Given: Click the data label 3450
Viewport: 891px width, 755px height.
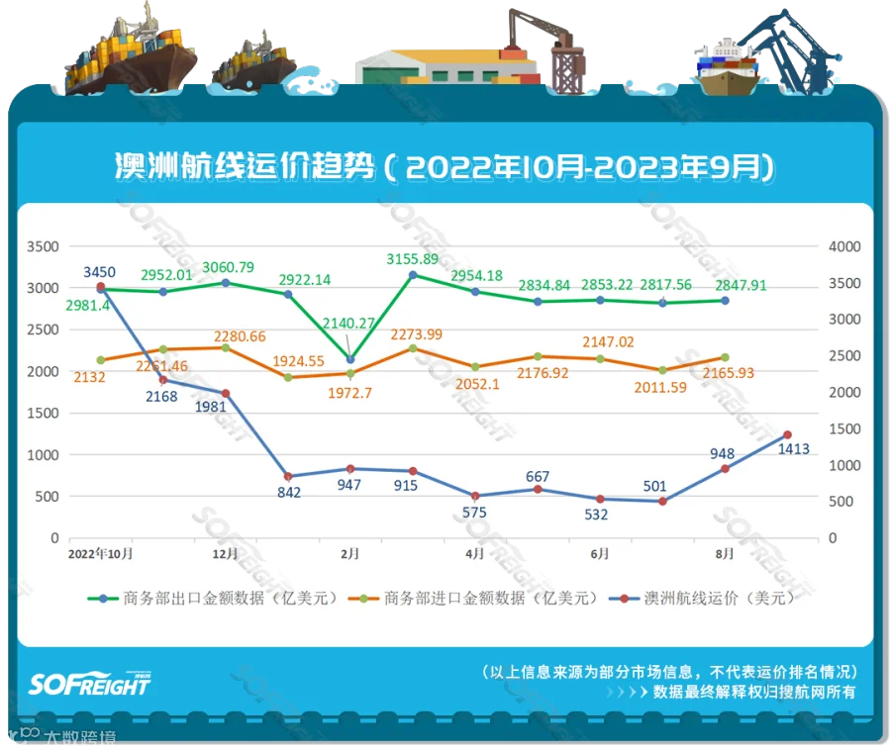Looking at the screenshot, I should coord(101,271).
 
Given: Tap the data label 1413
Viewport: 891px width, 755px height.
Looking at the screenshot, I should coord(794,449).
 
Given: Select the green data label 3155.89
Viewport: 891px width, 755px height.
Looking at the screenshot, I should coord(414,259).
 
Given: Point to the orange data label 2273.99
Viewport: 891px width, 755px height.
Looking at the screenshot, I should coord(416,333).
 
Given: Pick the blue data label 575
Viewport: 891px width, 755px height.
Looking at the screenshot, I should coord(476,512).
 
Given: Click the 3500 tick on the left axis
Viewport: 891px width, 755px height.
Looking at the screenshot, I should coord(43,246).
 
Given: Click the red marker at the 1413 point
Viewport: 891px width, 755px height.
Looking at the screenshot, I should coord(787,434).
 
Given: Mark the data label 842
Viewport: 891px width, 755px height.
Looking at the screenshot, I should coord(289,493).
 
